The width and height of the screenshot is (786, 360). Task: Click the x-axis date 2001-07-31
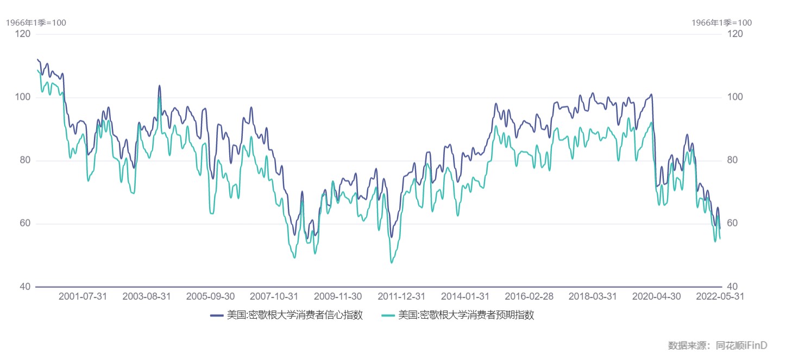pyautogui.click(x=83, y=296)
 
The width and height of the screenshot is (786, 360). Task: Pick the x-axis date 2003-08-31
pyautogui.click(x=147, y=296)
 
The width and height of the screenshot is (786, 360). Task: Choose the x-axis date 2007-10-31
pyautogui.click(x=274, y=296)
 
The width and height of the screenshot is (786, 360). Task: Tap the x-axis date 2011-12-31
pyautogui.click(x=401, y=296)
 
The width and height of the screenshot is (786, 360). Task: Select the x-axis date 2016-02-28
pyautogui.click(x=529, y=296)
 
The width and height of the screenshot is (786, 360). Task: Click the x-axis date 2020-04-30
pyautogui.click(x=657, y=296)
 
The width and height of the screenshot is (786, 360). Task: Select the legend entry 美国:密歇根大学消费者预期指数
pyautogui.click(x=466, y=315)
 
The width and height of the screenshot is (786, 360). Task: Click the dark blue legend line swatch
pyautogui.click(x=217, y=315)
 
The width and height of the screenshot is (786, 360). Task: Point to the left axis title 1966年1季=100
pyautogui.click(x=36, y=23)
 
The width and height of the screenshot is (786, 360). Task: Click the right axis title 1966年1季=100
pyautogui.click(x=721, y=23)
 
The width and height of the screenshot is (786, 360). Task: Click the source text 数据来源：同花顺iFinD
pyautogui.click(x=717, y=345)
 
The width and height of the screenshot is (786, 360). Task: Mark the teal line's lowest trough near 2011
pyautogui.click(x=391, y=263)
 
